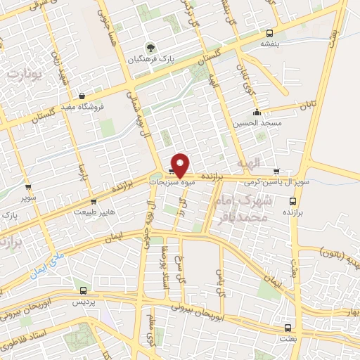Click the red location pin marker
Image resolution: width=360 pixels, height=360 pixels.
(x=180, y=164)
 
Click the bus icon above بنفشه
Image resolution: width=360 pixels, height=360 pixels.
(x=270, y=33)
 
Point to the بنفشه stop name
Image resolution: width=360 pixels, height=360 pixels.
(x=270, y=44)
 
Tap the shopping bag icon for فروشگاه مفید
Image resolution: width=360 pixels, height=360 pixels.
(x=82, y=96)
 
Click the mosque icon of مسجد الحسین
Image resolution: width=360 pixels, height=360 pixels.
(x=257, y=111)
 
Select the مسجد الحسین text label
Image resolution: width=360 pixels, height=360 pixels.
(x=257, y=122)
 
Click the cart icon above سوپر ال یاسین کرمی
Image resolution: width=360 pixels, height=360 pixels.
(x=276, y=171)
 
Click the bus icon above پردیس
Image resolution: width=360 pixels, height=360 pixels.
(x=84, y=290)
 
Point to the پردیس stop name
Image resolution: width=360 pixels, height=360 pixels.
(x=84, y=300)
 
